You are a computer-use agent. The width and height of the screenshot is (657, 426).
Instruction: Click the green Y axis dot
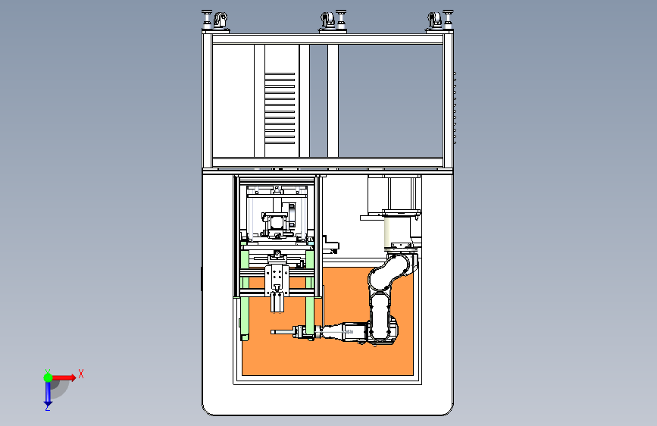tap(48, 376)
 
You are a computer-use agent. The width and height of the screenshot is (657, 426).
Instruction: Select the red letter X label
tap(80, 374)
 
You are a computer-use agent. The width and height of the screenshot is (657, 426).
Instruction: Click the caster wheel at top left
tap(221, 19)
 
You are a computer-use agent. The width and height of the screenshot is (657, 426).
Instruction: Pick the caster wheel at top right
tap(434, 19)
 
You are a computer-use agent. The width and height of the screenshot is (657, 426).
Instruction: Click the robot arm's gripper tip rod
tap(282, 332)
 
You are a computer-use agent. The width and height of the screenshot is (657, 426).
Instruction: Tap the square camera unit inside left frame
tap(276, 220)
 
